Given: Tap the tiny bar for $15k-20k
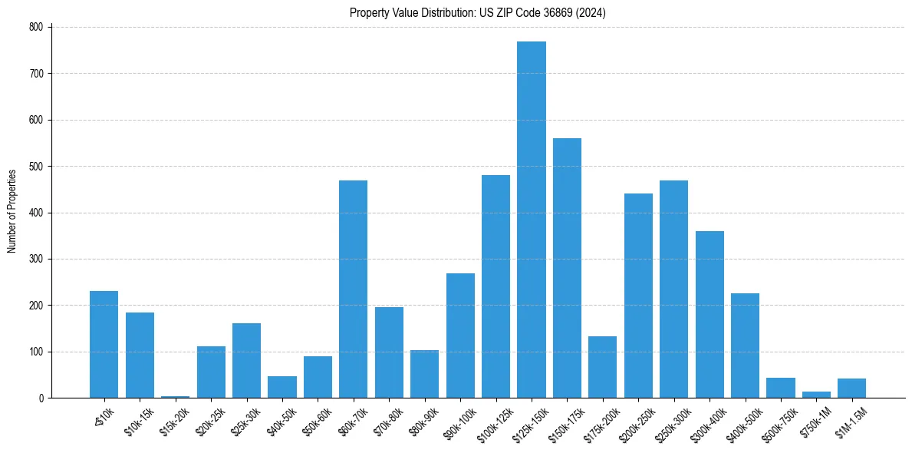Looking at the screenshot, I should pyautogui.click(x=175, y=396).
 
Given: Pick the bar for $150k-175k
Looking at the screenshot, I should pyautogui.click(x=567, y=268).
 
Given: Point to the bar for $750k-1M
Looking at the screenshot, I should pyautogui.click(x=816, y=395).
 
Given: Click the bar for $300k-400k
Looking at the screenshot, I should pyautogui.click(x=710, y=314).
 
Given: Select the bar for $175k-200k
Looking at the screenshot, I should pyautogui.click(x=602, y=367).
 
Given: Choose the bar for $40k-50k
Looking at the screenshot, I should pyautogui.click(x=282, y=387).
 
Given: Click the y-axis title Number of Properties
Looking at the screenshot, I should pyautogui.click(x=12, y=212).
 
